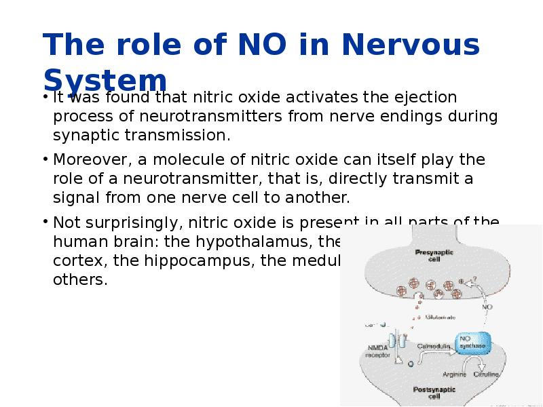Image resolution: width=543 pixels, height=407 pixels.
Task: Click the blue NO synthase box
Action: point(473,342)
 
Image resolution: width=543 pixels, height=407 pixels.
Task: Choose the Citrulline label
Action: point(487,374)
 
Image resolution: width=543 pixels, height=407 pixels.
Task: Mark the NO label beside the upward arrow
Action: point(487,306)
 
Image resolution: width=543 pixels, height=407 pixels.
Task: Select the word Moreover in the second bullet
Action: point(88,161)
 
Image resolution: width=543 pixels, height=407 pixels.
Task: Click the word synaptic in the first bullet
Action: point(85,135)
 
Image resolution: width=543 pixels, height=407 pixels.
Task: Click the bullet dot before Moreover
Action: point(44,161)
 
